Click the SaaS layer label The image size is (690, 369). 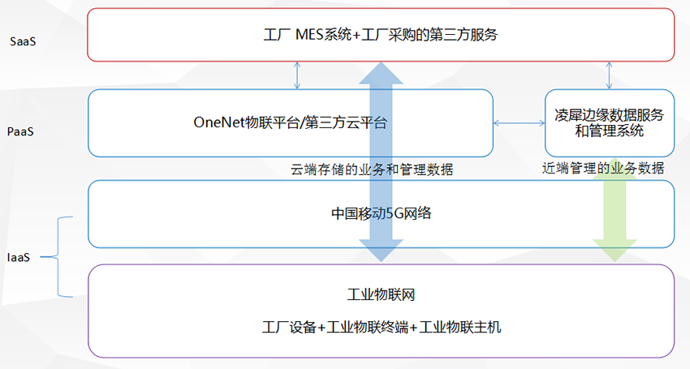23,40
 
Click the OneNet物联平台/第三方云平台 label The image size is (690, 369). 290,123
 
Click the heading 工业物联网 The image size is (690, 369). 381,294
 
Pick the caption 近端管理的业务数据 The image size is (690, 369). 603,169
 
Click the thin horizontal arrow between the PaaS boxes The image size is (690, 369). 519,123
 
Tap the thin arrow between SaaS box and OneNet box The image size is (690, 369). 297,75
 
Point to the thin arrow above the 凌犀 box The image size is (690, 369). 610,75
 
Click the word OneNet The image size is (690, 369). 218,123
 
